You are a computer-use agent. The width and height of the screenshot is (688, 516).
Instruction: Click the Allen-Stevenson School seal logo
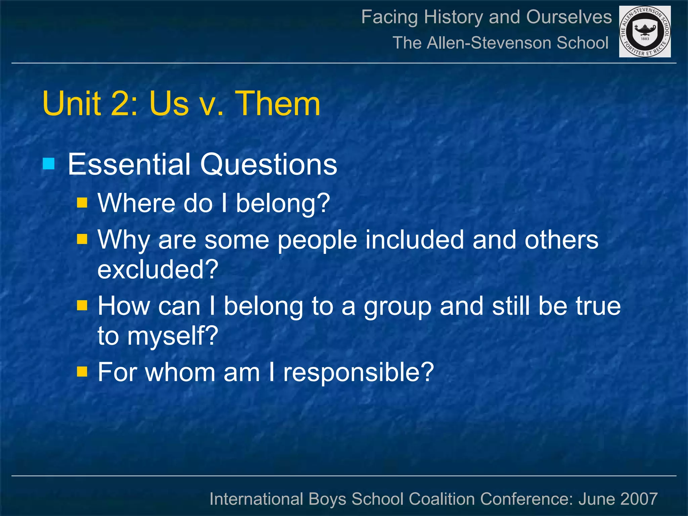point(645,32)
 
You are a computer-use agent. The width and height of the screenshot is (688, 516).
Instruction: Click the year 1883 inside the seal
point(645,39)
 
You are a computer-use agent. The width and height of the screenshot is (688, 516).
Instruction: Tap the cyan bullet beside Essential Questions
point(49,164)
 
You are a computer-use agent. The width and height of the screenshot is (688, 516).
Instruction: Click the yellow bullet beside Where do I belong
point(82,203)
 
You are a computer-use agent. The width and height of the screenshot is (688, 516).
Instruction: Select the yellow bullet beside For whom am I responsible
point(82,372)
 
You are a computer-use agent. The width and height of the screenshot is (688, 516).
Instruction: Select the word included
point(415,240)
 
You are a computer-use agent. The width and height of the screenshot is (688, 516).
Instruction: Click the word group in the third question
point(397,306)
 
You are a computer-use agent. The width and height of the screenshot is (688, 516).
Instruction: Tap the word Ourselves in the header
point(569,17)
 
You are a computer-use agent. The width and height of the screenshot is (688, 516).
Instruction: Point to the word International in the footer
point(256,499)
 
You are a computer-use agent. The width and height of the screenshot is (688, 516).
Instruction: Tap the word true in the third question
point(598,306)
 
